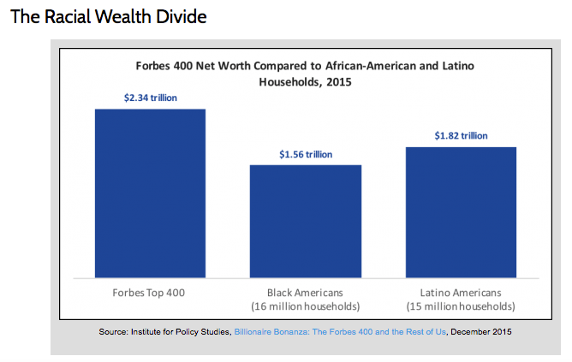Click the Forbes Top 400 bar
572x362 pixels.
coord(150,193)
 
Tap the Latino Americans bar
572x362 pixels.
coord(461,211)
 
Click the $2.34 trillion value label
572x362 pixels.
coord(150,98)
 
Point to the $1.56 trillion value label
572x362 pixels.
coord(306,154)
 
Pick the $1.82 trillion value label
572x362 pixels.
coord(461,135)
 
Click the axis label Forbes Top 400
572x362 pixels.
coord(150,292)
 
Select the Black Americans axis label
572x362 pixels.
coord(306,292)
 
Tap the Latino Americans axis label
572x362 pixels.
coord(461,292)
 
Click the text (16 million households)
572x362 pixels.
coord(306,306)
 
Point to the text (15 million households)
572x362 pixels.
coord(461,306)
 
